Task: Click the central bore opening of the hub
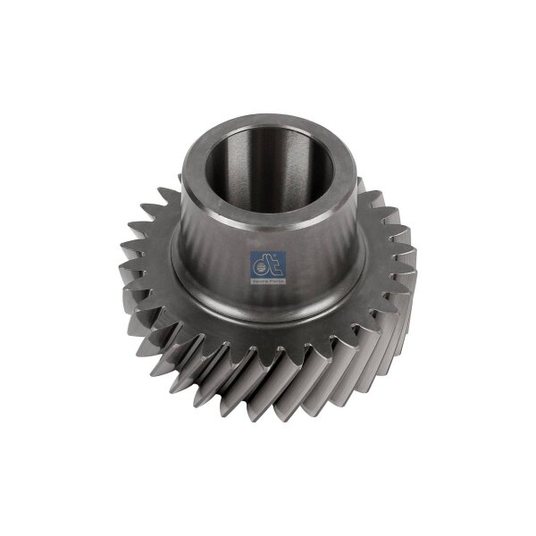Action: [259, 170]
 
